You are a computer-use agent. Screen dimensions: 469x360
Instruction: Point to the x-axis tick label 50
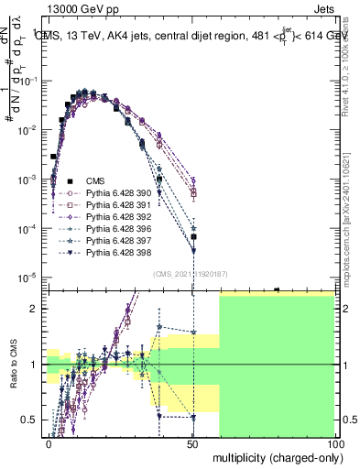coord(193,443)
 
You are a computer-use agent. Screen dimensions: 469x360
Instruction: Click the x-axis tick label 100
coord(336,443)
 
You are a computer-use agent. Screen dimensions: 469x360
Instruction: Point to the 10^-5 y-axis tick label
coord(30,277)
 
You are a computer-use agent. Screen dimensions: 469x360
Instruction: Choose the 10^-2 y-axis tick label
coord(30,129)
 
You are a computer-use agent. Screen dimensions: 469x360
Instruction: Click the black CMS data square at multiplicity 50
coord(193,236)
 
